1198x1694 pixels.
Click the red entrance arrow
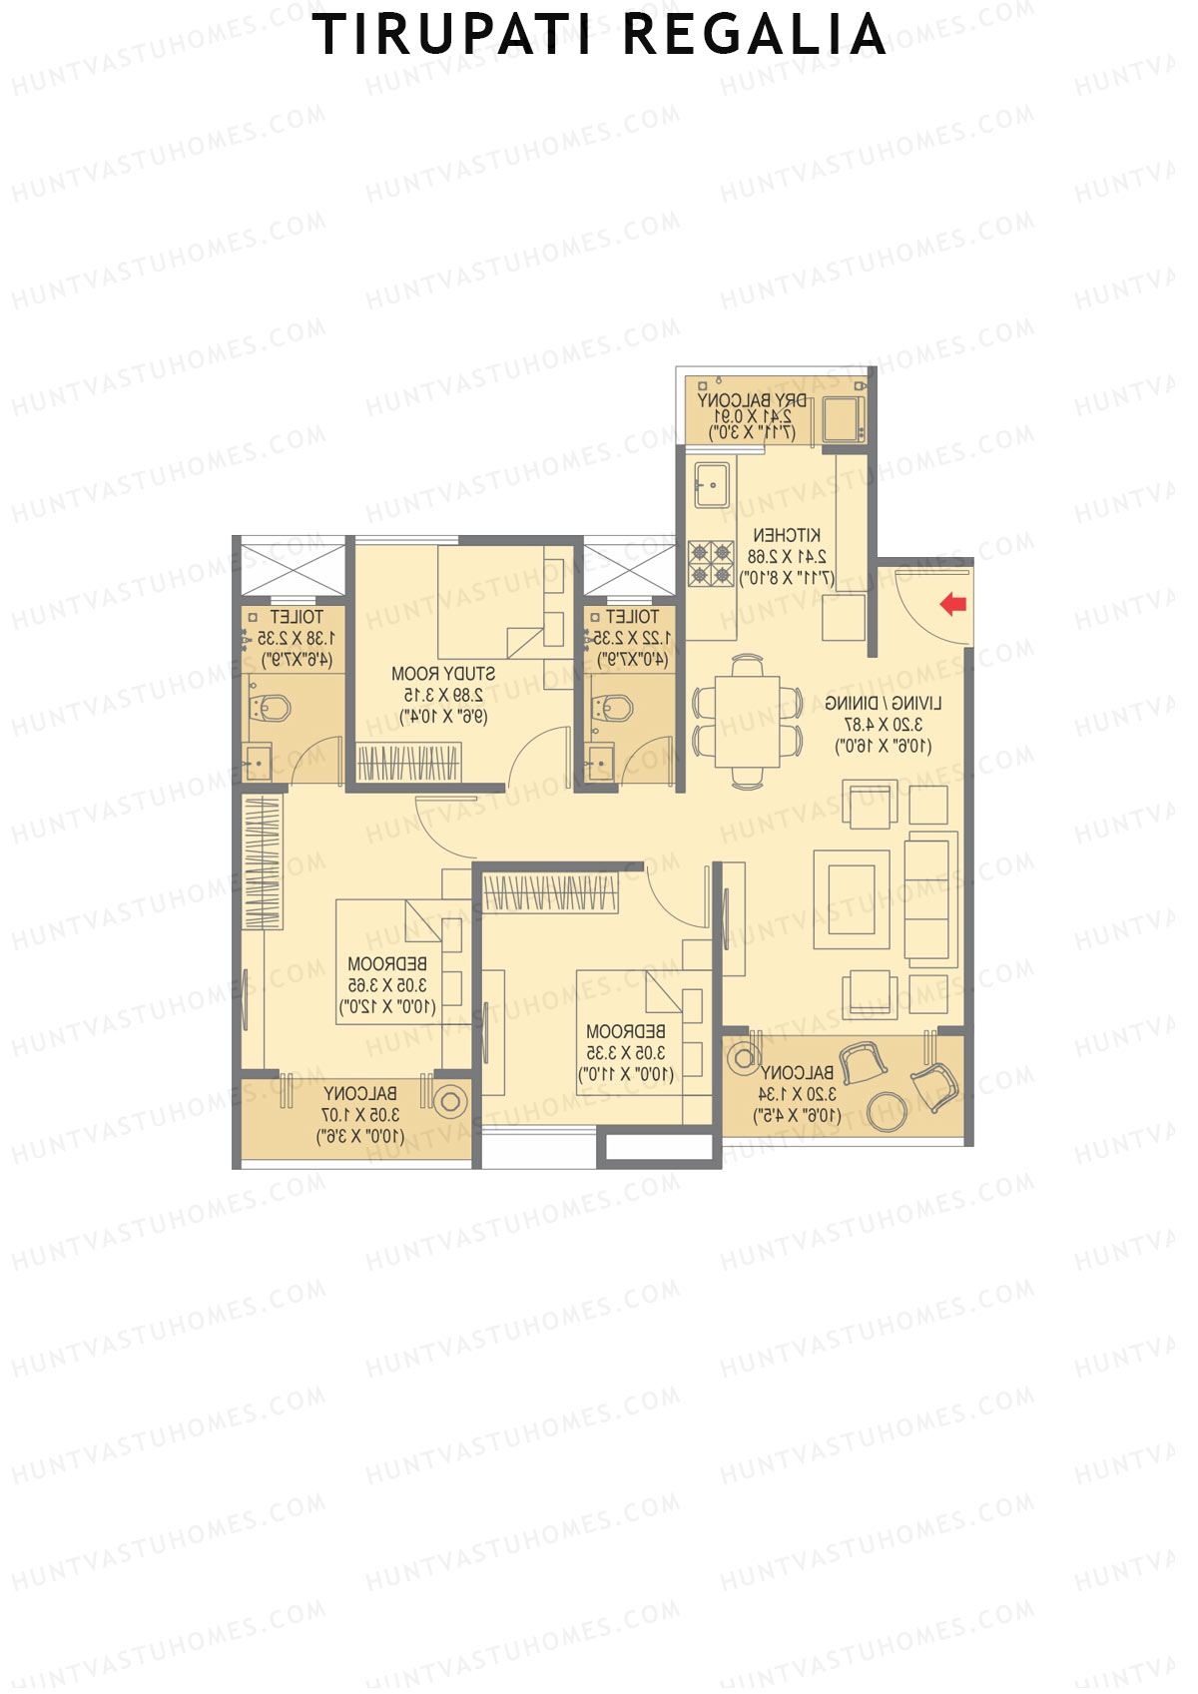(953, 603)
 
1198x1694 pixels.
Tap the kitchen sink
(712, 484)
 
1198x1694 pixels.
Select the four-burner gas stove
(711, 563)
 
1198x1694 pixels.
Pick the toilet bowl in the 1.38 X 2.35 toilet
(271, 708)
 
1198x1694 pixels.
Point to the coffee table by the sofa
(852, 898)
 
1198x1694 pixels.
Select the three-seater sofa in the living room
(928, 901)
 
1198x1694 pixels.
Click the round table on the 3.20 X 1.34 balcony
(888, 1111)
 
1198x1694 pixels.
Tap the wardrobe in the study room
(408, 764)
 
